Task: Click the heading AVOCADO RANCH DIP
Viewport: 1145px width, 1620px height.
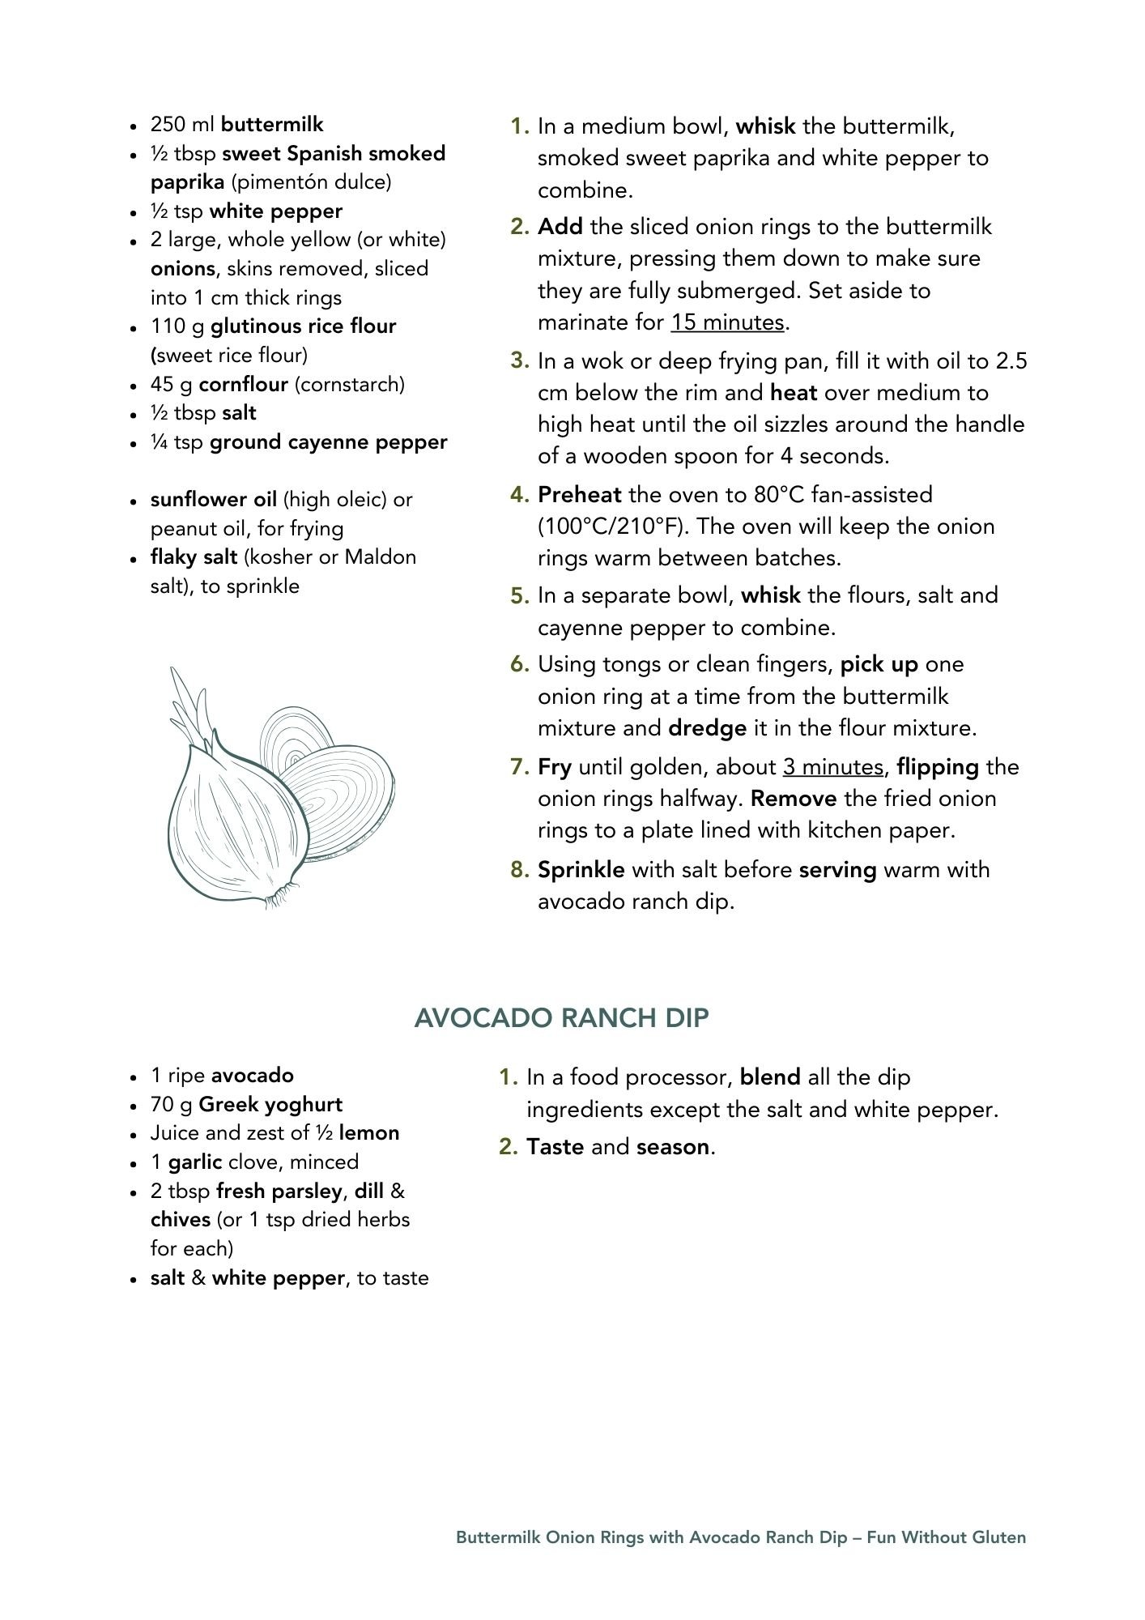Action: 561,1018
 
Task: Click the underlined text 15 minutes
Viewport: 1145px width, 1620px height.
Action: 726,322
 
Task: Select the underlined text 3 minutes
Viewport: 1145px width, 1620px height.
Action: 832,766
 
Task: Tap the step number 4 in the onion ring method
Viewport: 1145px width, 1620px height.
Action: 519,495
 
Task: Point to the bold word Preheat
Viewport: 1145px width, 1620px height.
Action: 579,495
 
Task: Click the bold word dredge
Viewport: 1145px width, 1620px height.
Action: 707,728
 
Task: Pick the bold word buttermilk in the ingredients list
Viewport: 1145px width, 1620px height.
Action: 272,125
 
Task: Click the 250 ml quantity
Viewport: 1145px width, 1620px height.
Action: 183,125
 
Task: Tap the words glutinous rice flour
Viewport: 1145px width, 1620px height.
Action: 303,326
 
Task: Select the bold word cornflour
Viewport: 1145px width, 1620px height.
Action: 243,384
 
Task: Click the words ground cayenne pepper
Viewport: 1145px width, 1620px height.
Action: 328,442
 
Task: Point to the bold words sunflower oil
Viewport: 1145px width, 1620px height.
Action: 214,500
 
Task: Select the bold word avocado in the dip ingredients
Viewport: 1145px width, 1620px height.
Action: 253,1076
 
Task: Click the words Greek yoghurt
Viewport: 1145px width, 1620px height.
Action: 270,1105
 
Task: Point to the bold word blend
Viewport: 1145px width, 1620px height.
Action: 770,1077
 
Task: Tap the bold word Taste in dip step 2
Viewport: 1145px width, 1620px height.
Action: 555,1147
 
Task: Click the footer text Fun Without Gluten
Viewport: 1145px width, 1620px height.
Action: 946,1537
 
